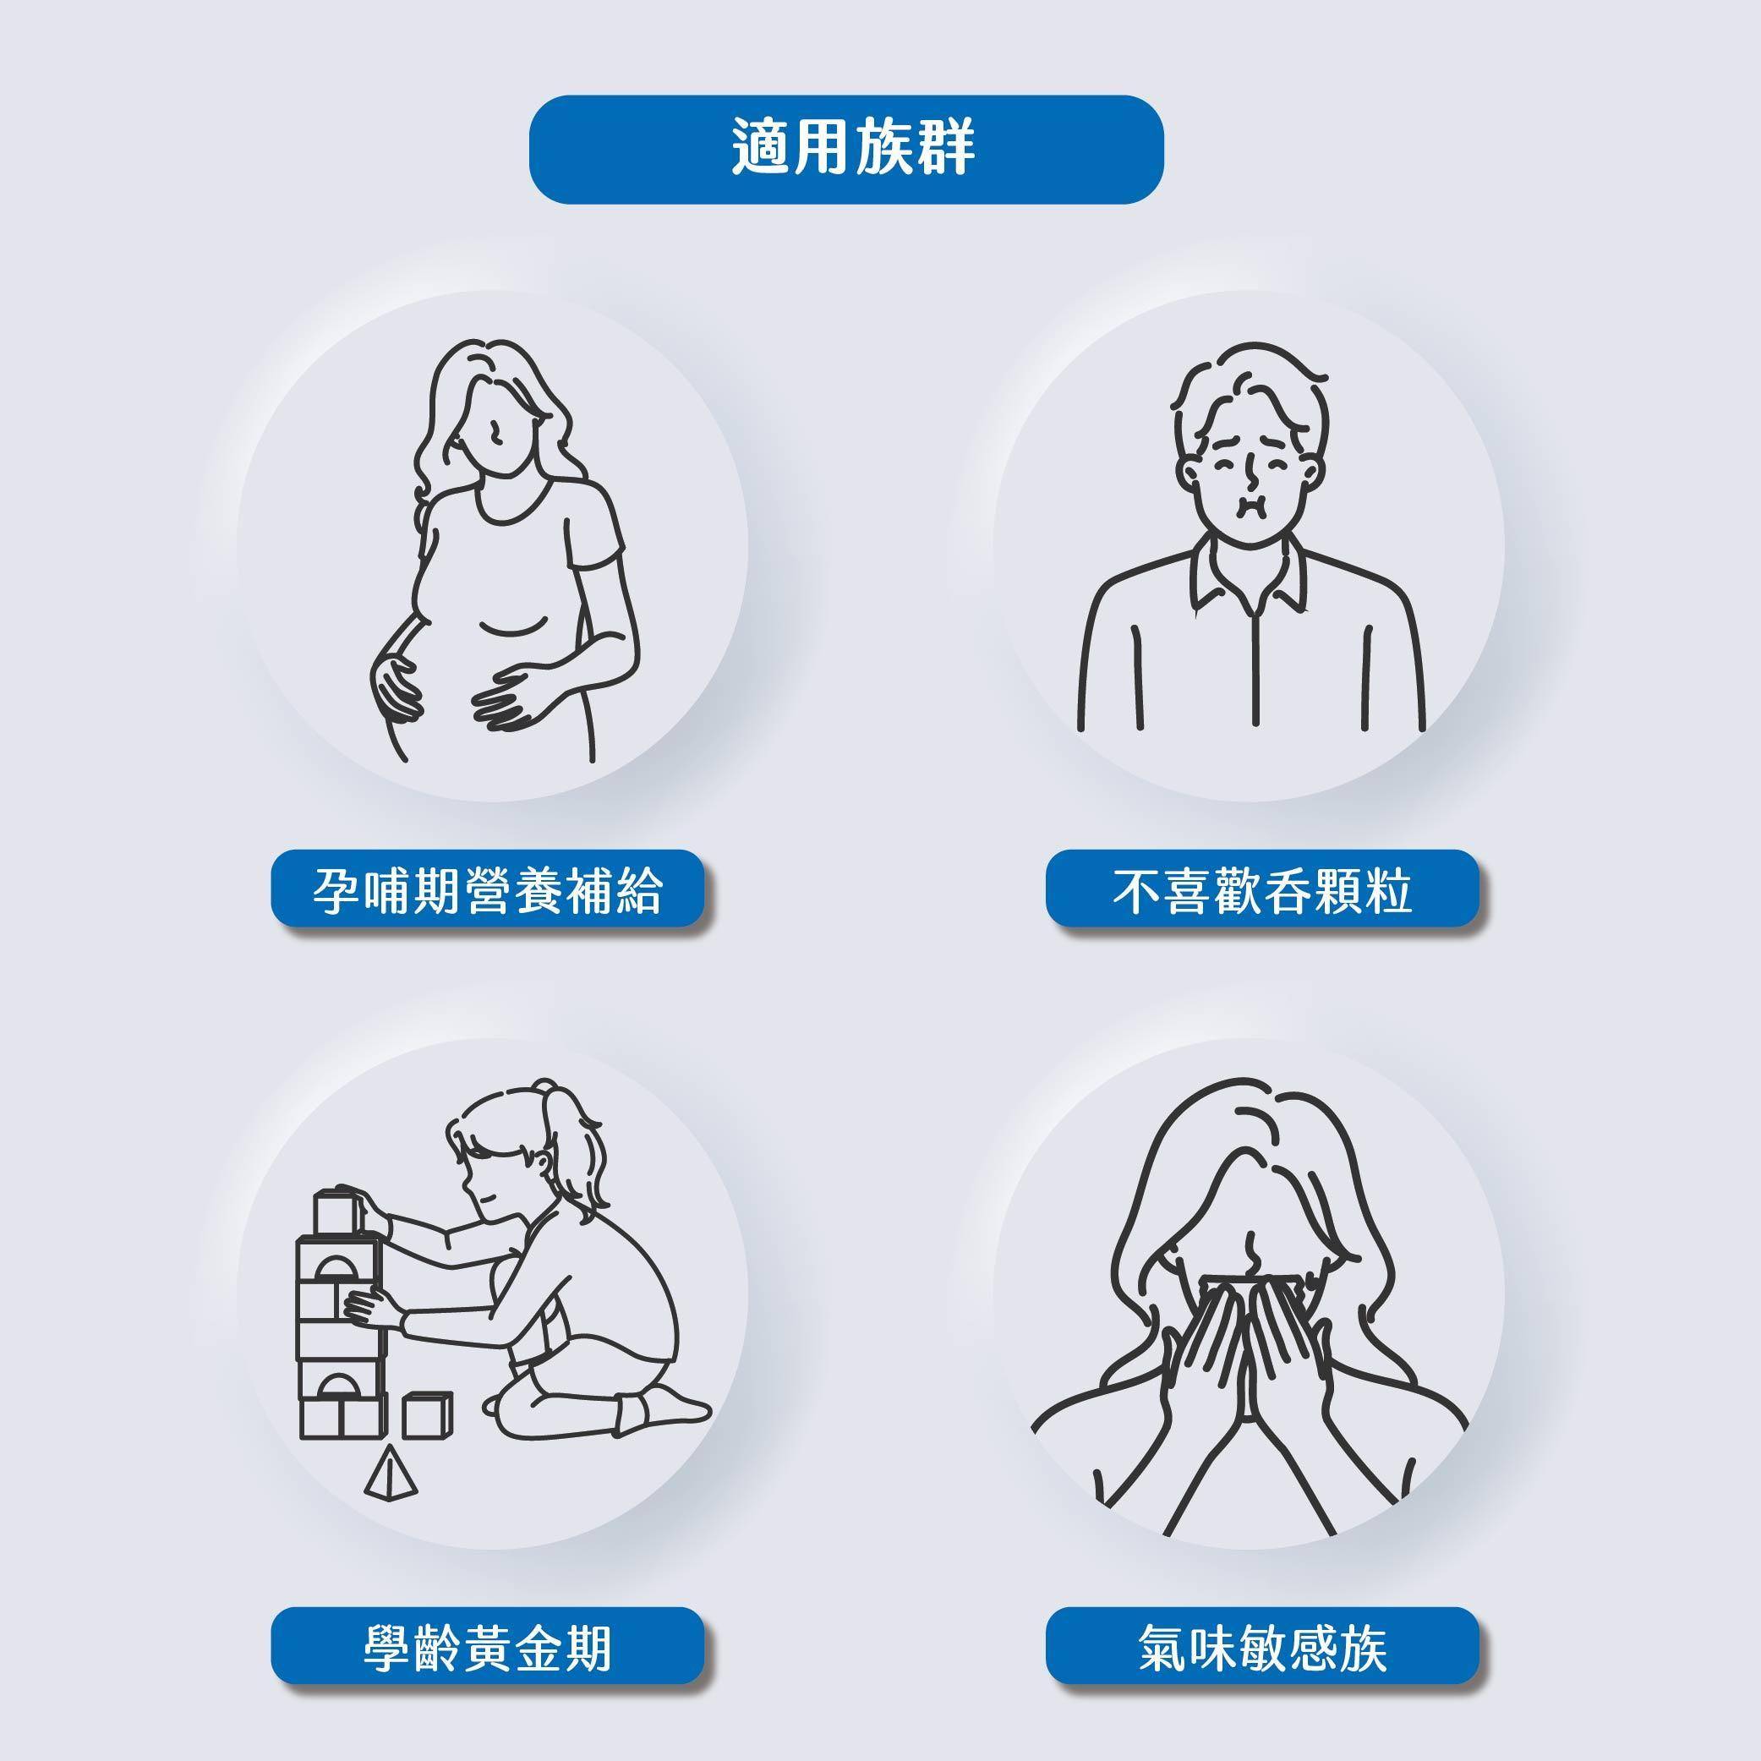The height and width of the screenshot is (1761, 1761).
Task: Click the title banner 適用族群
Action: pyautogui.click(x=846, y=150)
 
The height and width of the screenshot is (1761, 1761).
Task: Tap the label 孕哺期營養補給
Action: pyautogui.click(x=489, y=889)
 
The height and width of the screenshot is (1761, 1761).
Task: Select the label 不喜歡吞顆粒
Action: pyautogui.click(x=1262, y=889)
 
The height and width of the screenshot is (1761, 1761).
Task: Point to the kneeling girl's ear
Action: pyautogui.click(x=544, y=1165)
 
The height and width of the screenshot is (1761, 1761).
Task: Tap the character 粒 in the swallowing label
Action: pyautogui.click(x=1388, y=889)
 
